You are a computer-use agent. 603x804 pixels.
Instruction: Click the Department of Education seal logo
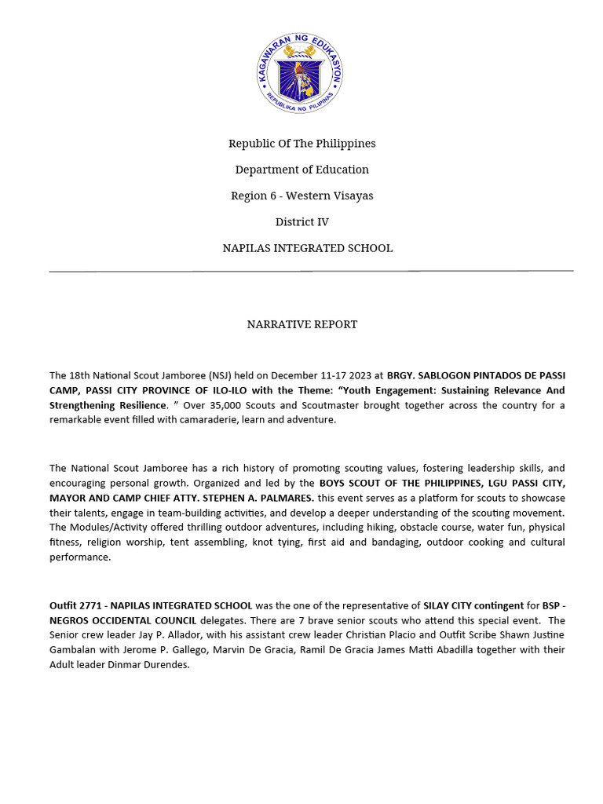point(301,73)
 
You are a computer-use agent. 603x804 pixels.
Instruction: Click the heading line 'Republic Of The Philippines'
point(301,144)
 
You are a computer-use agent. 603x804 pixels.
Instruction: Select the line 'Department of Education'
point(301,170)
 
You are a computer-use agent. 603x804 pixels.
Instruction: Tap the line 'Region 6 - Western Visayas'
point(301,196)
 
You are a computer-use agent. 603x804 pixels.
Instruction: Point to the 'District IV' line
point(301,222)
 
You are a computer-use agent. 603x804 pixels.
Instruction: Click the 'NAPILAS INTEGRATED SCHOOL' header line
point(307,248)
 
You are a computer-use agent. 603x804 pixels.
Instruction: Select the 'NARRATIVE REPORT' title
point(301,324)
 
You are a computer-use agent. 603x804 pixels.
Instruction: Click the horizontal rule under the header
point(311,271)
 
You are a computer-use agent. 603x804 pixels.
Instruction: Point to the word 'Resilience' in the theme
point(141,405)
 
